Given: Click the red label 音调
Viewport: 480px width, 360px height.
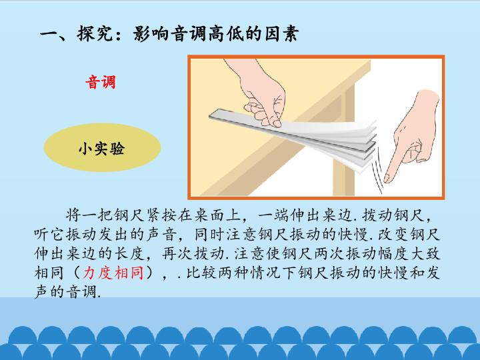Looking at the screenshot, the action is (101, 82).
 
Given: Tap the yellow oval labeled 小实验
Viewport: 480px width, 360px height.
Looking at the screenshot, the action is (102, 148).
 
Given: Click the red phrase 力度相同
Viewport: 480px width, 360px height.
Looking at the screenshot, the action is (113, 273).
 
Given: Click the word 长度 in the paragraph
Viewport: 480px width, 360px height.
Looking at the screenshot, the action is (131, 253).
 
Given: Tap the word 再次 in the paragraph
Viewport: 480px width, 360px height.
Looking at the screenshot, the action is (177, 253).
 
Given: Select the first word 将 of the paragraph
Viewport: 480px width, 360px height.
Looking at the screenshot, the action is (73, 215).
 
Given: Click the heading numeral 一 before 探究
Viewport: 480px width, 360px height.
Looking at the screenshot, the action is (49, 34).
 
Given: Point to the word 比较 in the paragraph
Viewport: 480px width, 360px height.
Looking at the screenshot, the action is (202, 273).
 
